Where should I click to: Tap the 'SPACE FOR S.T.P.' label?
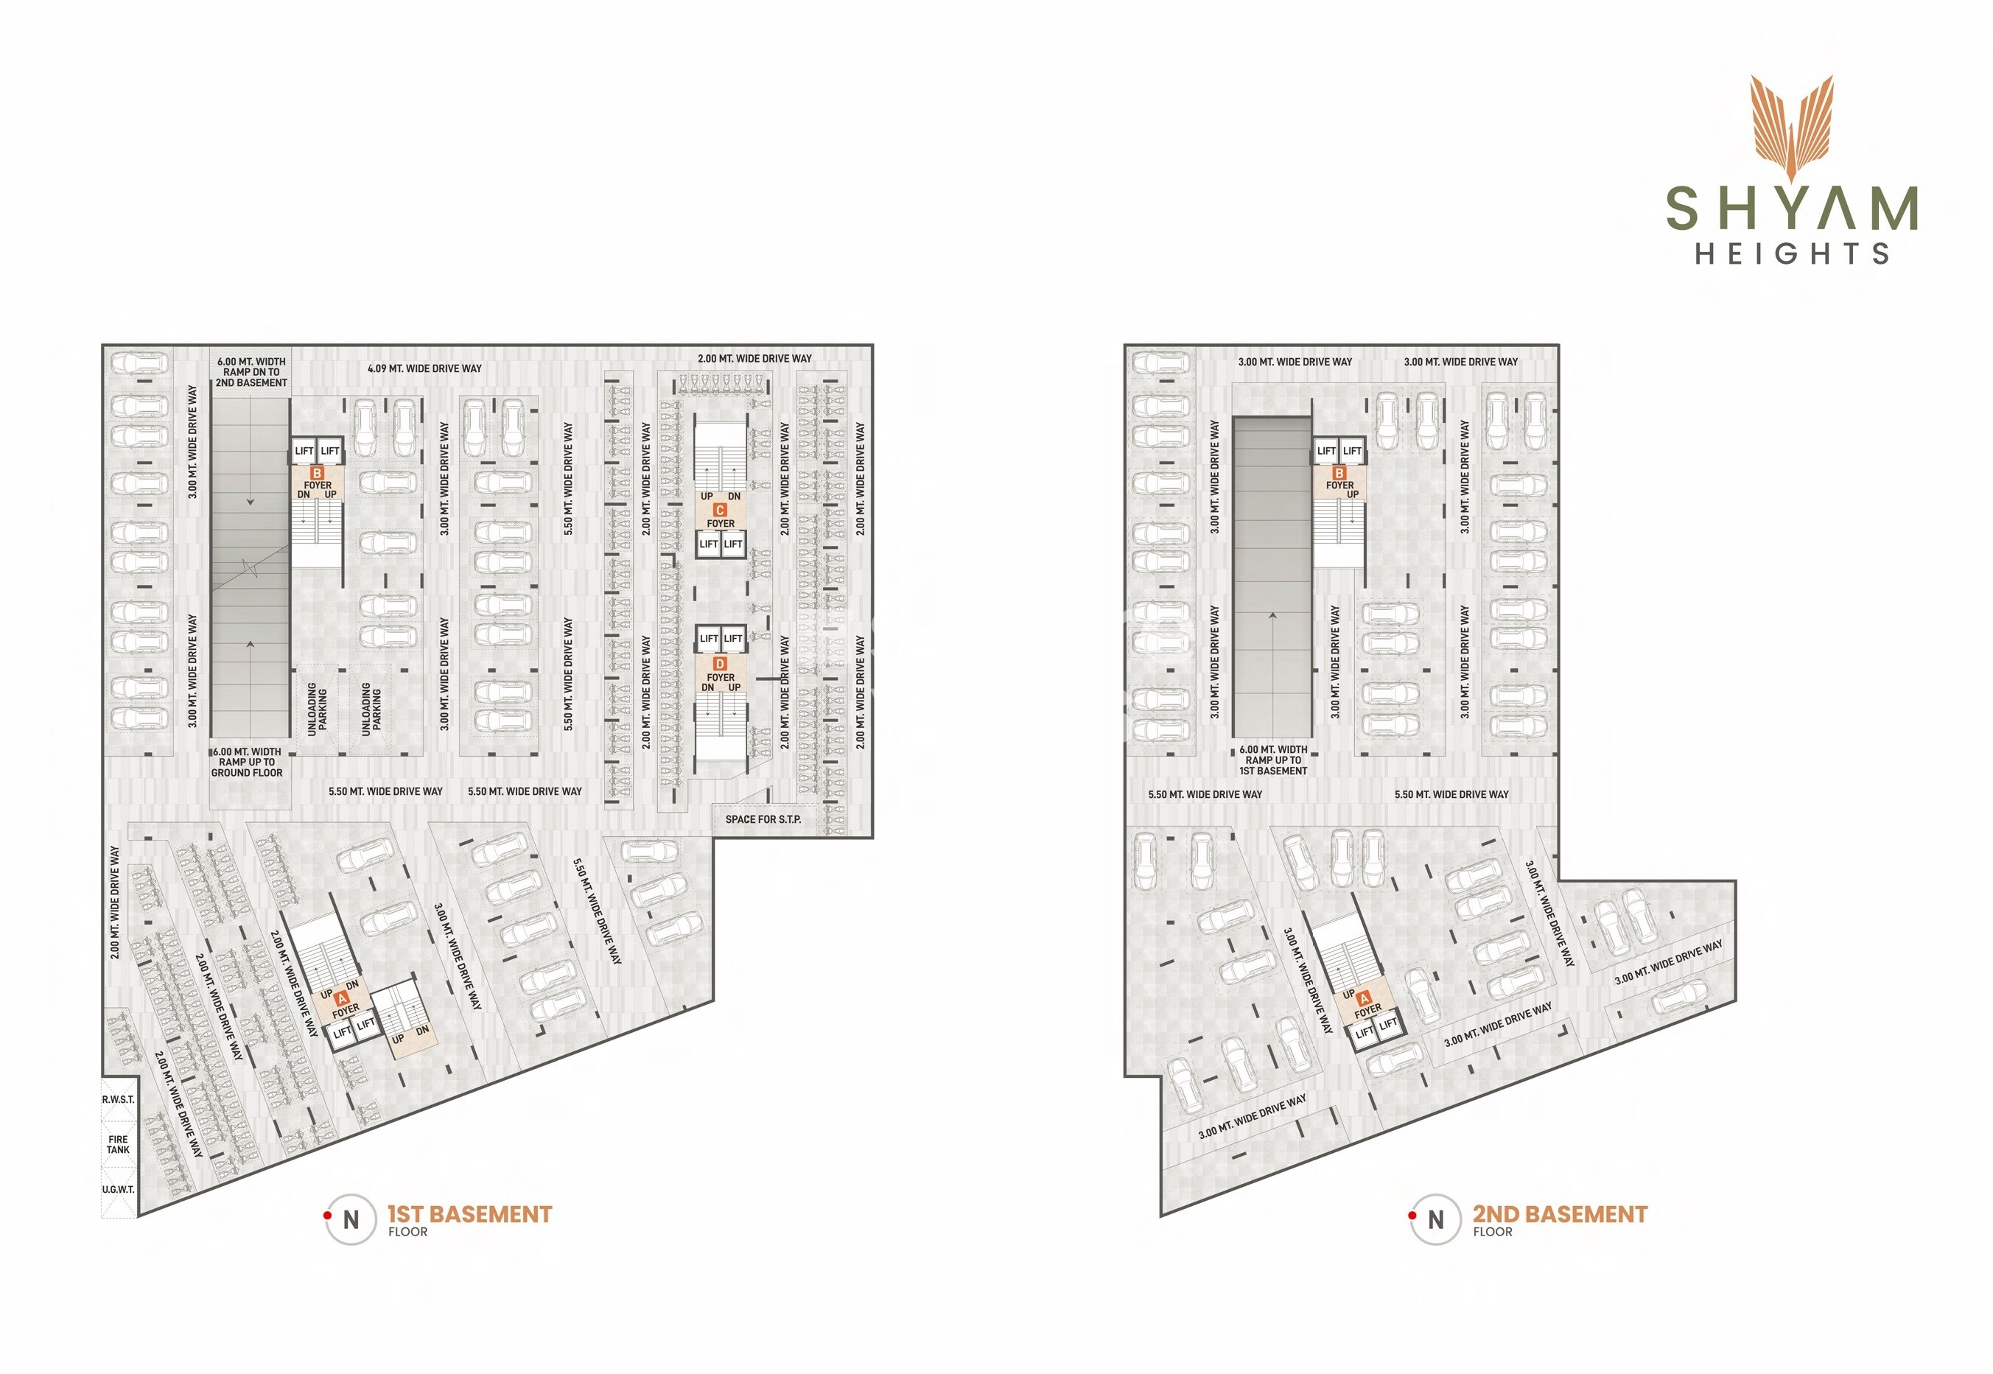click(763, 819)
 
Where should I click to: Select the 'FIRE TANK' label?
click(118, 1144)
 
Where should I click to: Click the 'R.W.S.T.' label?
click(118, 1099)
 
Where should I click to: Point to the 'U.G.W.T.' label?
click(118, 1189)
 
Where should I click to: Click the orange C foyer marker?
click(720, 510)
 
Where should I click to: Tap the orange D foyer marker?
click(720, 664)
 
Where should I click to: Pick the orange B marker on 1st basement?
click(317, 474)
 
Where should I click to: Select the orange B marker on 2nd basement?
click(1339, 474)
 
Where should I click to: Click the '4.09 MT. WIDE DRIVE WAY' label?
click(424, 368)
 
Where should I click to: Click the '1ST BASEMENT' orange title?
click(469, 1214)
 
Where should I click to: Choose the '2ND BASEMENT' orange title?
click(1559, 1214)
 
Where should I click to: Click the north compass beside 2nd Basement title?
click(1435, 1220)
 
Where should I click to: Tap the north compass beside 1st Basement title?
click(351, 1220)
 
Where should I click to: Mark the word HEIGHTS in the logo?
click(1792, 253)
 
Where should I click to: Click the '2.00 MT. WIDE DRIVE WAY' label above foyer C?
click(754, 358)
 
